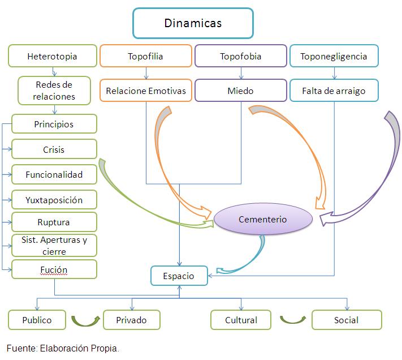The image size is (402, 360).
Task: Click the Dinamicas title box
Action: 193,23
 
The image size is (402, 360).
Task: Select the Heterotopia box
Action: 52,56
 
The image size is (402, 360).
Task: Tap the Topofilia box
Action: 146,56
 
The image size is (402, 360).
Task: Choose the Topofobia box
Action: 240,56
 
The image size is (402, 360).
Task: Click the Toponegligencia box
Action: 334,56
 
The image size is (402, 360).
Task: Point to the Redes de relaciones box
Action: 54,90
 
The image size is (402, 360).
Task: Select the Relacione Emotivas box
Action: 146,90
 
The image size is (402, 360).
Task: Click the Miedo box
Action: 240,90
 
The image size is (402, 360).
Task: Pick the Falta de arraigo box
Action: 334,90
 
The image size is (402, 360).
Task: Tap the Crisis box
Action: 54,150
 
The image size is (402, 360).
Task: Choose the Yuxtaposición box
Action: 54,200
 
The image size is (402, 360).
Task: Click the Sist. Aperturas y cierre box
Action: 54,246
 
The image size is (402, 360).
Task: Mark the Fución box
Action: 54,269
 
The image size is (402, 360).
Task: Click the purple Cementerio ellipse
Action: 262,219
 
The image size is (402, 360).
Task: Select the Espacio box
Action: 179,276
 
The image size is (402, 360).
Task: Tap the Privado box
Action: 131,320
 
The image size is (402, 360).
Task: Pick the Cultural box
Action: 241,320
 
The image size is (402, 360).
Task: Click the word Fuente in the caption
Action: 20,348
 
